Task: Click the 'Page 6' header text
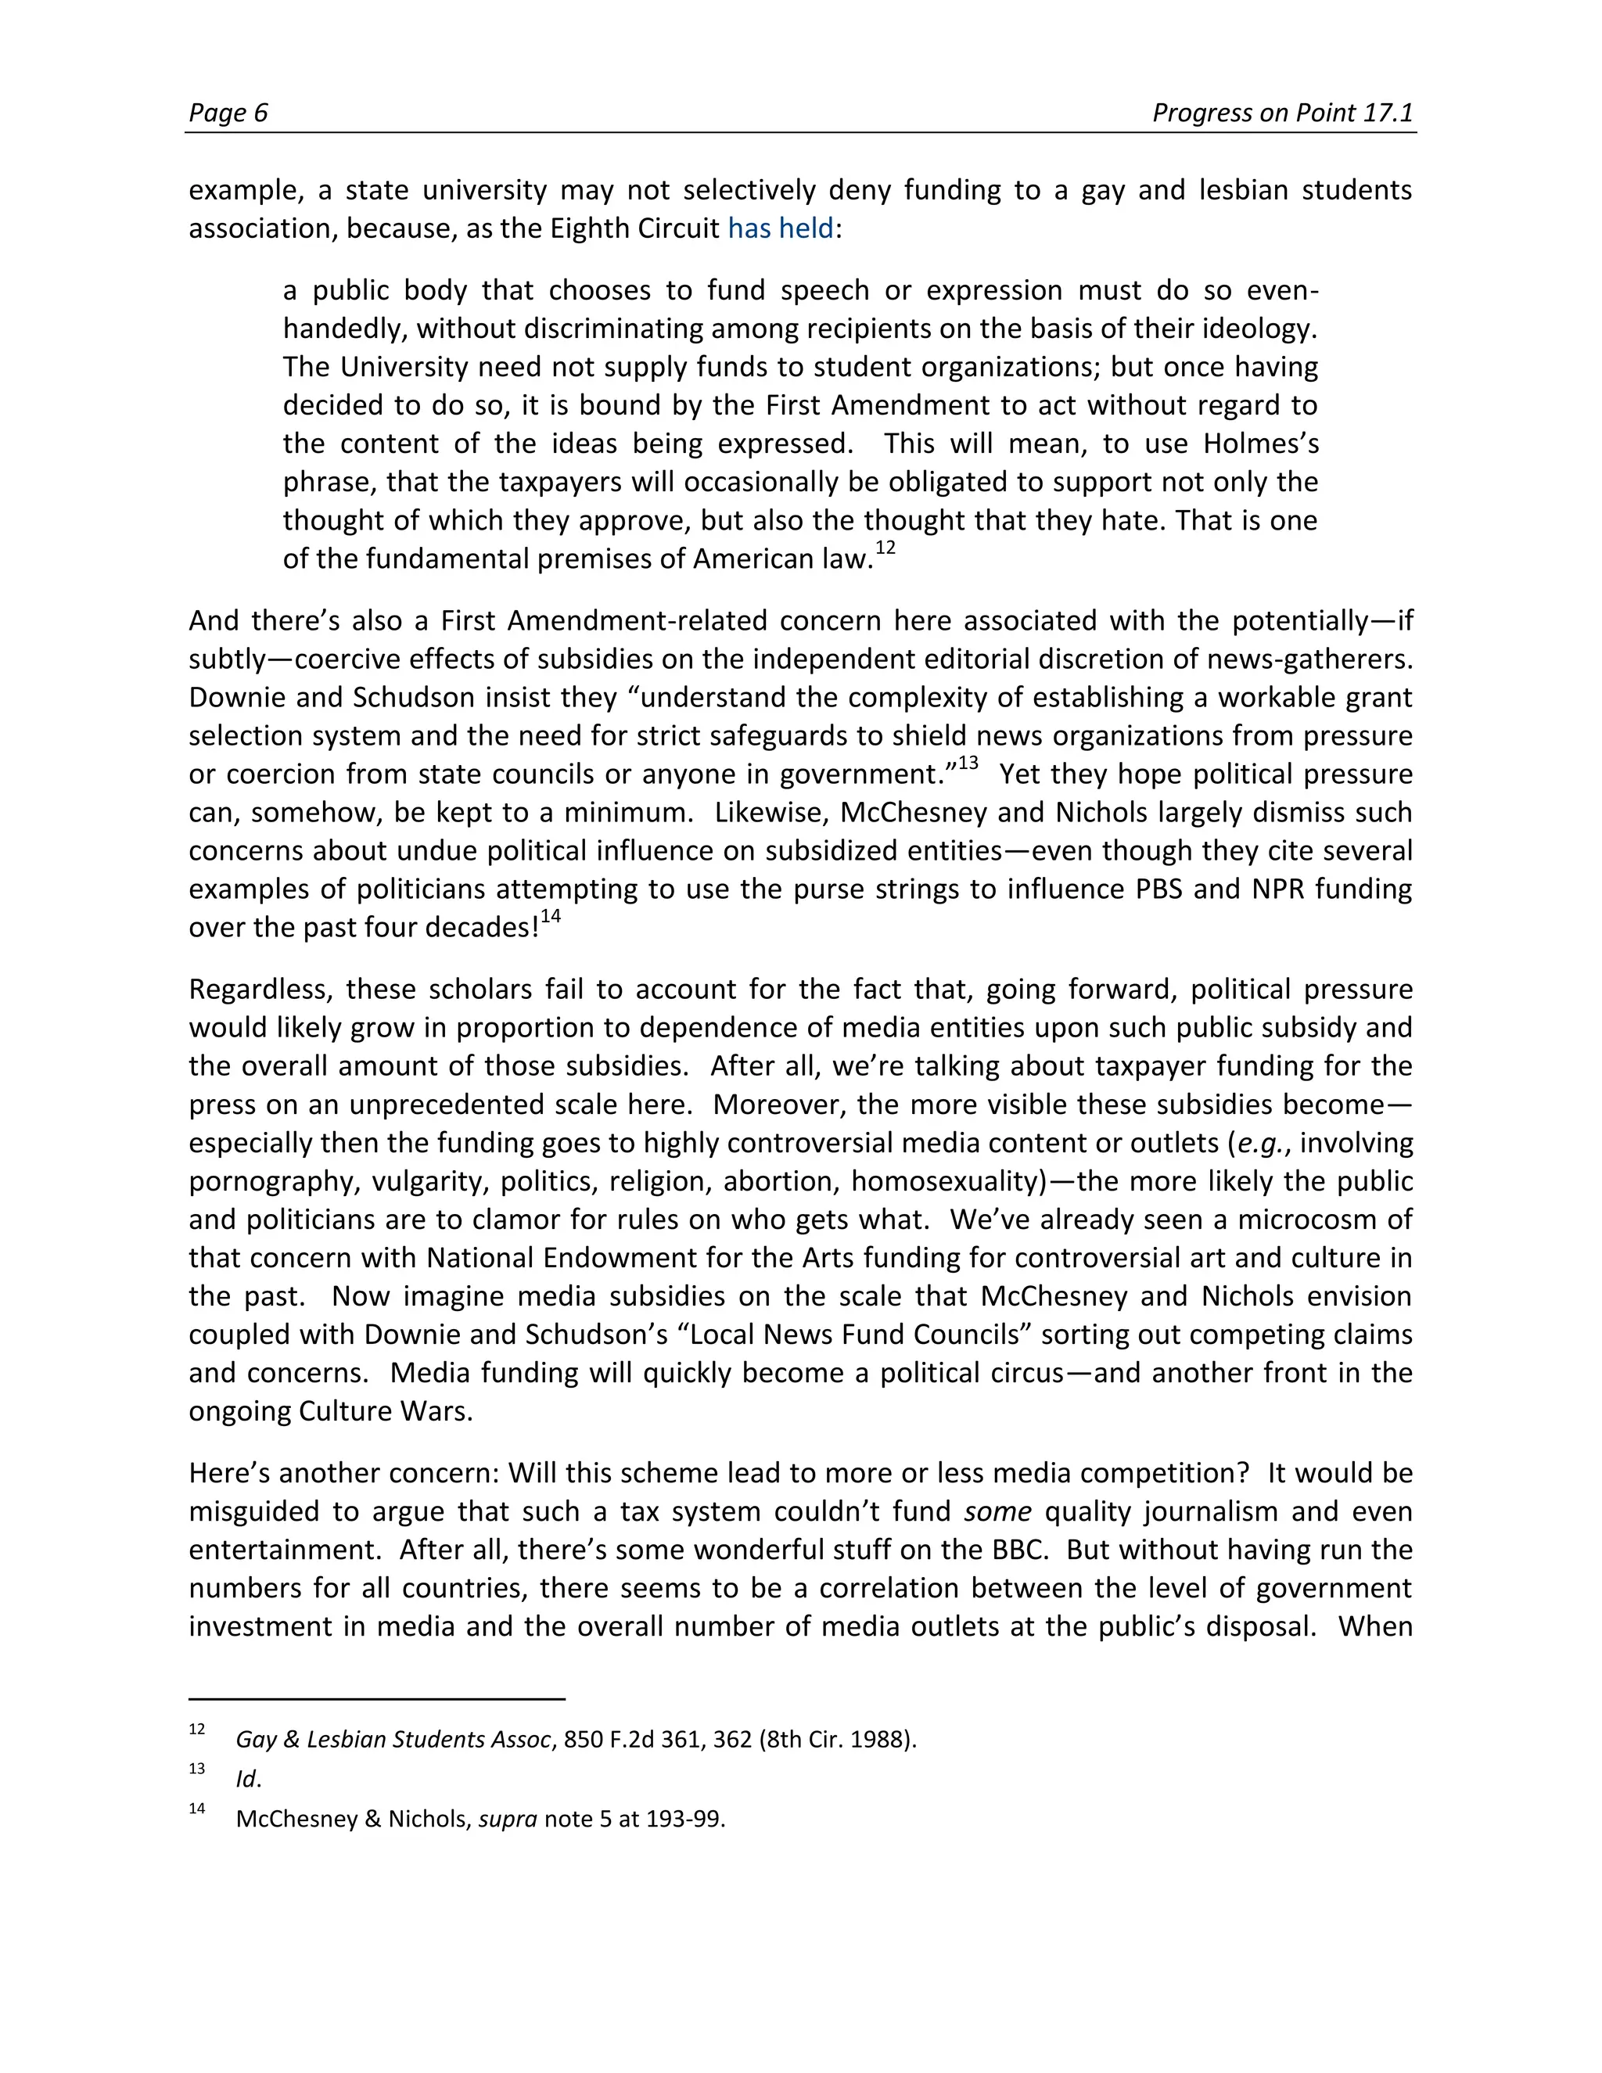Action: (x=228, y=113)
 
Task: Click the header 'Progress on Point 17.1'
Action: (x=1282, y=113)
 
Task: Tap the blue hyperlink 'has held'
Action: (x=780, y=228)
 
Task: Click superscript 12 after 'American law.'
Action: (x=885, y=548)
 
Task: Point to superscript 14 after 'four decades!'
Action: (x=551, y=917)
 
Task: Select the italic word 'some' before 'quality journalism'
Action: (x=997, y=1511)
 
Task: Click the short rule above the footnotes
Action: (x=377, y=1699)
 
